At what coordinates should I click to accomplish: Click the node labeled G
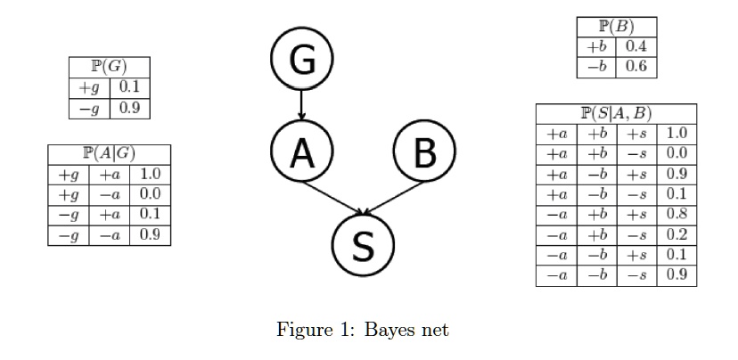(x=302, y=61)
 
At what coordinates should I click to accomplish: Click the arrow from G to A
(x=302, y=106)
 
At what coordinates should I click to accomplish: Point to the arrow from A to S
(x=332, y=198)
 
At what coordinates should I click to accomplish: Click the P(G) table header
(x=109, y=68)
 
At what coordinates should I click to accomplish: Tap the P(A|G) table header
(x=109, y=154)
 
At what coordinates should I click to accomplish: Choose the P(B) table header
(x=617, y=26)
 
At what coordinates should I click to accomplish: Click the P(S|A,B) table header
(x=616, y=113)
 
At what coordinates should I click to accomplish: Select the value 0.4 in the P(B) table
(x=636, y=46)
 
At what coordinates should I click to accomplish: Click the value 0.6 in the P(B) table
(x=636, y=67)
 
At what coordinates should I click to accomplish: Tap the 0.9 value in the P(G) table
(x=129, y=108)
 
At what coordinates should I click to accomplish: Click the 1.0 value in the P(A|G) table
(x=150, y=175)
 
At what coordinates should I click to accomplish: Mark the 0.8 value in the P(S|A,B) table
(x=676, y=214)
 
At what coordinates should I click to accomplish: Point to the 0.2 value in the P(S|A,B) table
(x=676, y=234)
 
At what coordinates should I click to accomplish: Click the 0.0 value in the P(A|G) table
(x=150, y=194)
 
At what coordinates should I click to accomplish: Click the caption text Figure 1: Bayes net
(x=362, y=330)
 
